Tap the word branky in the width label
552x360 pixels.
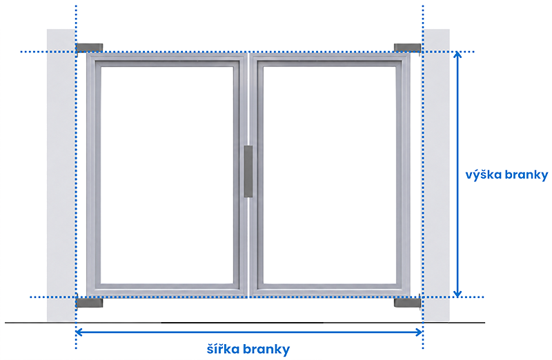tap(266, 350)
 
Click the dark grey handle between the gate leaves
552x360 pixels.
tap(248, 171)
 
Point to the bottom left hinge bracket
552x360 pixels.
tap(89, 302)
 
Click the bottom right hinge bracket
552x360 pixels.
tap(407, 302)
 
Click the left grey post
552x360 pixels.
tap(61, 175)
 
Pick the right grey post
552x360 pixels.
tap(436, 175)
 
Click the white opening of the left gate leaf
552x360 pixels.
tap(167, 175)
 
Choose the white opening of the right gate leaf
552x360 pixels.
tap(330, 175)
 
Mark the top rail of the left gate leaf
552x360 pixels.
tap(167, 60)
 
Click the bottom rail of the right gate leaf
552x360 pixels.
tap(330, 290)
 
